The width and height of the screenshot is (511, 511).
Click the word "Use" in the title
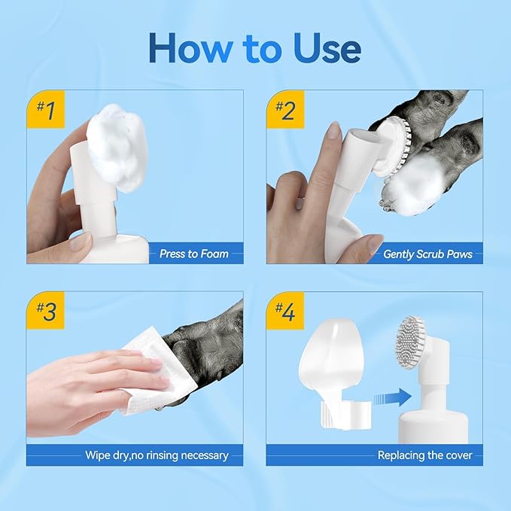point(325,48)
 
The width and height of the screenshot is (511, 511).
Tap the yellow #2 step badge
point(284,110)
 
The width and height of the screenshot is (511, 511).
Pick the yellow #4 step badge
point(284,312)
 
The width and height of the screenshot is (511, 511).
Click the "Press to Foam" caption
point(193,254)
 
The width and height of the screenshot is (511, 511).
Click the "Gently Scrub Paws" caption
point(427,254)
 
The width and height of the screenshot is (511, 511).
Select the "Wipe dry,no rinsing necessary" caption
point(157,455)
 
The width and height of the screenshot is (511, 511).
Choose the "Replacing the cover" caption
point(424,455)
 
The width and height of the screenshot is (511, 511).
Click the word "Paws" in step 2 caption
point(458,254)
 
